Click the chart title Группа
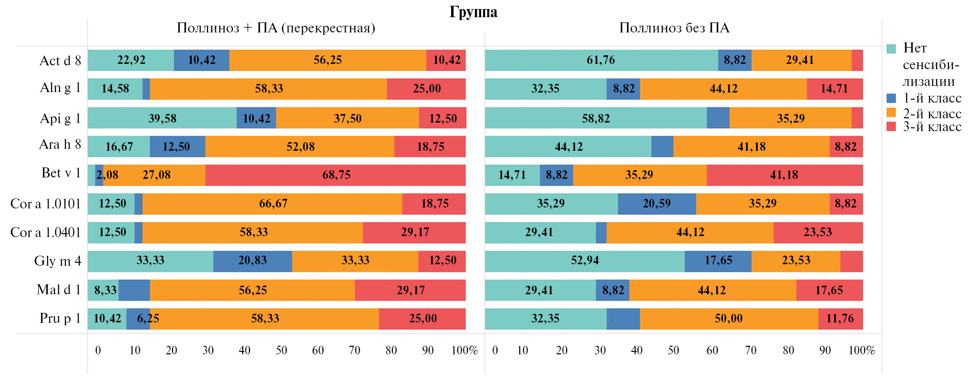coord(473,12)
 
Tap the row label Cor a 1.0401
coord(46,232)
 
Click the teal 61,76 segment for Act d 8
coord(601,60)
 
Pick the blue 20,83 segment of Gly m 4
coord(253,261)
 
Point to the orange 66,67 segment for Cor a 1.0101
coord(273,204)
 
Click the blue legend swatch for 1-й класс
coord(891,98)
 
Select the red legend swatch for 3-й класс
coord(891,126)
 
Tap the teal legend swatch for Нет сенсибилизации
coord(891,49)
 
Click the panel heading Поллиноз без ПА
coord(674,28)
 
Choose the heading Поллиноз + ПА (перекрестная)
coord(276,28)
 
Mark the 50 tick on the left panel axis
coord(281,351)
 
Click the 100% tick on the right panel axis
coord(861,351)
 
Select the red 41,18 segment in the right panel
coord(784,175)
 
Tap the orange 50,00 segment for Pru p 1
coord(729,319)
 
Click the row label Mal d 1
coord(59,289)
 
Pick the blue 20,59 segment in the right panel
coord(657,204)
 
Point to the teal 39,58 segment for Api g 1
coord(162,118)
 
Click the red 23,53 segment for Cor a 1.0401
coord(818,232)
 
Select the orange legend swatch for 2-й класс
coord(891,113)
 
